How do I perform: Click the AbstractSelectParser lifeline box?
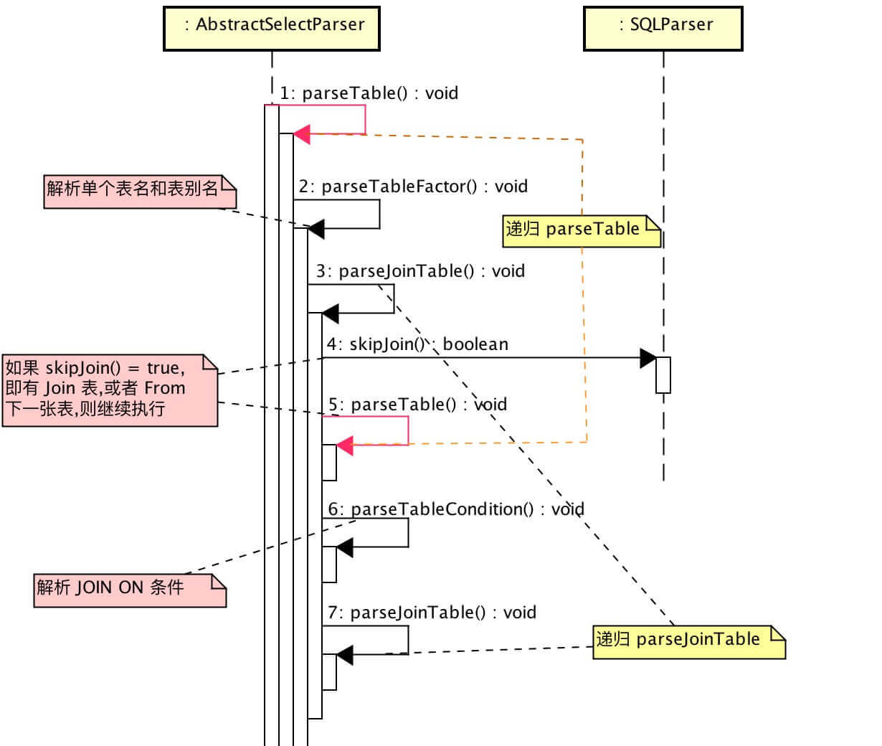272,28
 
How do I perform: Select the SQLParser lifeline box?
663,28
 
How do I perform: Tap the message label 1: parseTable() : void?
369,93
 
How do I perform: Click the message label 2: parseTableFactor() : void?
413,186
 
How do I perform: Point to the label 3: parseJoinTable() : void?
421,271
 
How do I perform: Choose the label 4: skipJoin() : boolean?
417,344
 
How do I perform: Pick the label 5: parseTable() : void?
417,405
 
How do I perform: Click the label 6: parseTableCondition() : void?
456,509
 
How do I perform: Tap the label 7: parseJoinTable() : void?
432,613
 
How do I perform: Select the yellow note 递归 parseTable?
581,230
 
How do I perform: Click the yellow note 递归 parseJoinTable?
688,641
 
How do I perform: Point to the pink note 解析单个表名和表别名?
140,191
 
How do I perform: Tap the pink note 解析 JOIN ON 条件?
129,590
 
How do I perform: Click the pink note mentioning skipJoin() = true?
110,389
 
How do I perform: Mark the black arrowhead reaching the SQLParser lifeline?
648,358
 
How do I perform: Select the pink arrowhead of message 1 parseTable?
302,133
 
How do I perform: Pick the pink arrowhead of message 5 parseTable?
345,445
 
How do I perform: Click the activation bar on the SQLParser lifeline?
663,374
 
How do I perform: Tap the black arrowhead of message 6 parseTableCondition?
345,548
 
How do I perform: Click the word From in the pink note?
165,388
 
